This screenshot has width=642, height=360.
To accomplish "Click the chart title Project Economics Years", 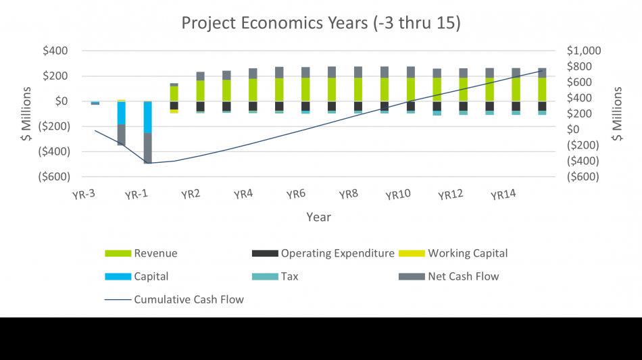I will [321, 22].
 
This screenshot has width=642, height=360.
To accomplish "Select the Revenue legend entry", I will [155, 253].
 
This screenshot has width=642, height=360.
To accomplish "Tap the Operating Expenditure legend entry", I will [337, 253].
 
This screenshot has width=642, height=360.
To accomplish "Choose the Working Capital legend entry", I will [467, 253].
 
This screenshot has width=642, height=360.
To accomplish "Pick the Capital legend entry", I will [151, 276].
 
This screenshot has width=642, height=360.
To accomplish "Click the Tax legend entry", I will [290, 276].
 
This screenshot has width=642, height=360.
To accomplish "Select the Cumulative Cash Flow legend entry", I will [189, 299].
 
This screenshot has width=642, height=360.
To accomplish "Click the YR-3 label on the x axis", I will [82, 195].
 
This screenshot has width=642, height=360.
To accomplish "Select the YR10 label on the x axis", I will [398, 195].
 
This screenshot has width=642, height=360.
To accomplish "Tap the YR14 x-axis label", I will [503, 195].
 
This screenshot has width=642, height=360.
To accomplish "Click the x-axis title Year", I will [318, 217].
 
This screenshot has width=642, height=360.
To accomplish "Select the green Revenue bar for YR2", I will [200, 91].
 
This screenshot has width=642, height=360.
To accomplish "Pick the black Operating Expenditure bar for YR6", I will [305, 105].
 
